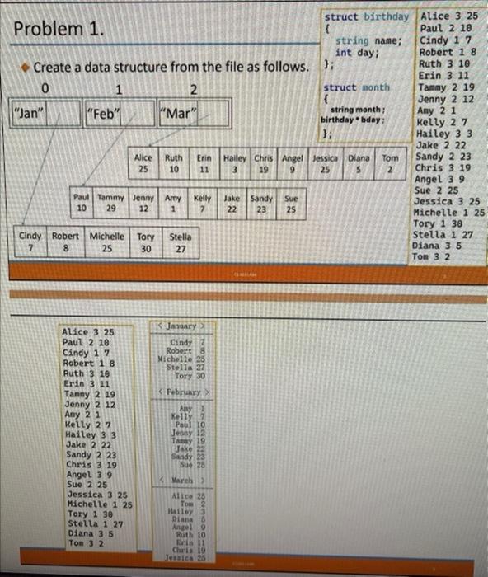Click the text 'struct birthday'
pyautogui.click(x=366, y=16)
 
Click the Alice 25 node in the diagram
pyautogui.click(x=143, y=162)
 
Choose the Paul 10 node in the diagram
pyautogui.click(x=81, y=204)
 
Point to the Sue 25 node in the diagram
pyautogui.click(x=291, y=204)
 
